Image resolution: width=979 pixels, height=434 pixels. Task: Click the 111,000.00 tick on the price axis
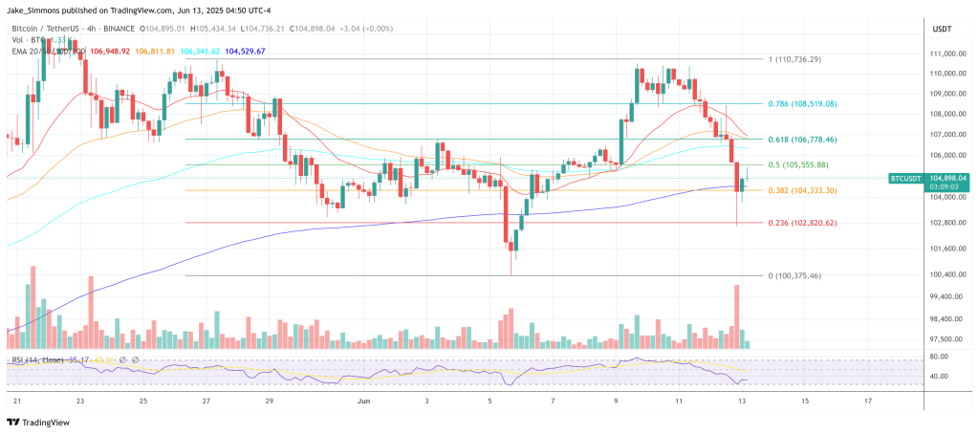coord(947,54)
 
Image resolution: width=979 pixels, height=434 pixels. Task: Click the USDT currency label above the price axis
coord(943,29)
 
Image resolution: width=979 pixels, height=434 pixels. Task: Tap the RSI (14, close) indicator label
coord(36,360)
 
